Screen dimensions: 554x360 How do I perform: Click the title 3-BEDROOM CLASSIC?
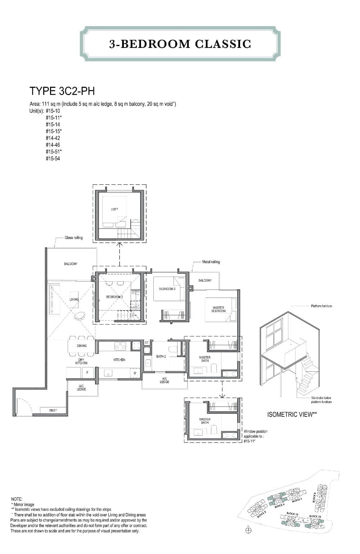pos(180,44)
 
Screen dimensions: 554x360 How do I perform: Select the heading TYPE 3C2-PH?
pos(62,91)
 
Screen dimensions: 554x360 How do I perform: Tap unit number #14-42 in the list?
pos(53,138)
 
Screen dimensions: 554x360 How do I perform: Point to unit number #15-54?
pos(53,158)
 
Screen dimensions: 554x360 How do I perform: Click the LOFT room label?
pos(114,209)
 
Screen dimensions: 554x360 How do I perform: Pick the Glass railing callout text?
pos(73,238)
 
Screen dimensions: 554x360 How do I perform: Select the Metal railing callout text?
pos(211,262)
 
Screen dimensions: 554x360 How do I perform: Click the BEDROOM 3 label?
pos(114,297)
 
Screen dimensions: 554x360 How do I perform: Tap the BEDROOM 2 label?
pos(167,289)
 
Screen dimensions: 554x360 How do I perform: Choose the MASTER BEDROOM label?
pos(218,309)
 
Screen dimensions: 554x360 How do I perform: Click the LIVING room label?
pos(74,299)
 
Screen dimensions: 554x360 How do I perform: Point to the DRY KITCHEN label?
pos(81,361)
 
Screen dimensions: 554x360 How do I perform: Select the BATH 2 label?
pos(161,357)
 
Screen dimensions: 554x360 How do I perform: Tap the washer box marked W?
pos(135,373)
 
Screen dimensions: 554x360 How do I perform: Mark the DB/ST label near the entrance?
pos(53,410)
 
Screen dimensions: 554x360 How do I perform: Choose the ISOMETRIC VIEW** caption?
pos(292,415)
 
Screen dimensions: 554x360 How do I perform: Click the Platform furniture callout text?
pos(321,306)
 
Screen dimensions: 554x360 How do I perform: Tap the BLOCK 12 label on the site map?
pos(292,514)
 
